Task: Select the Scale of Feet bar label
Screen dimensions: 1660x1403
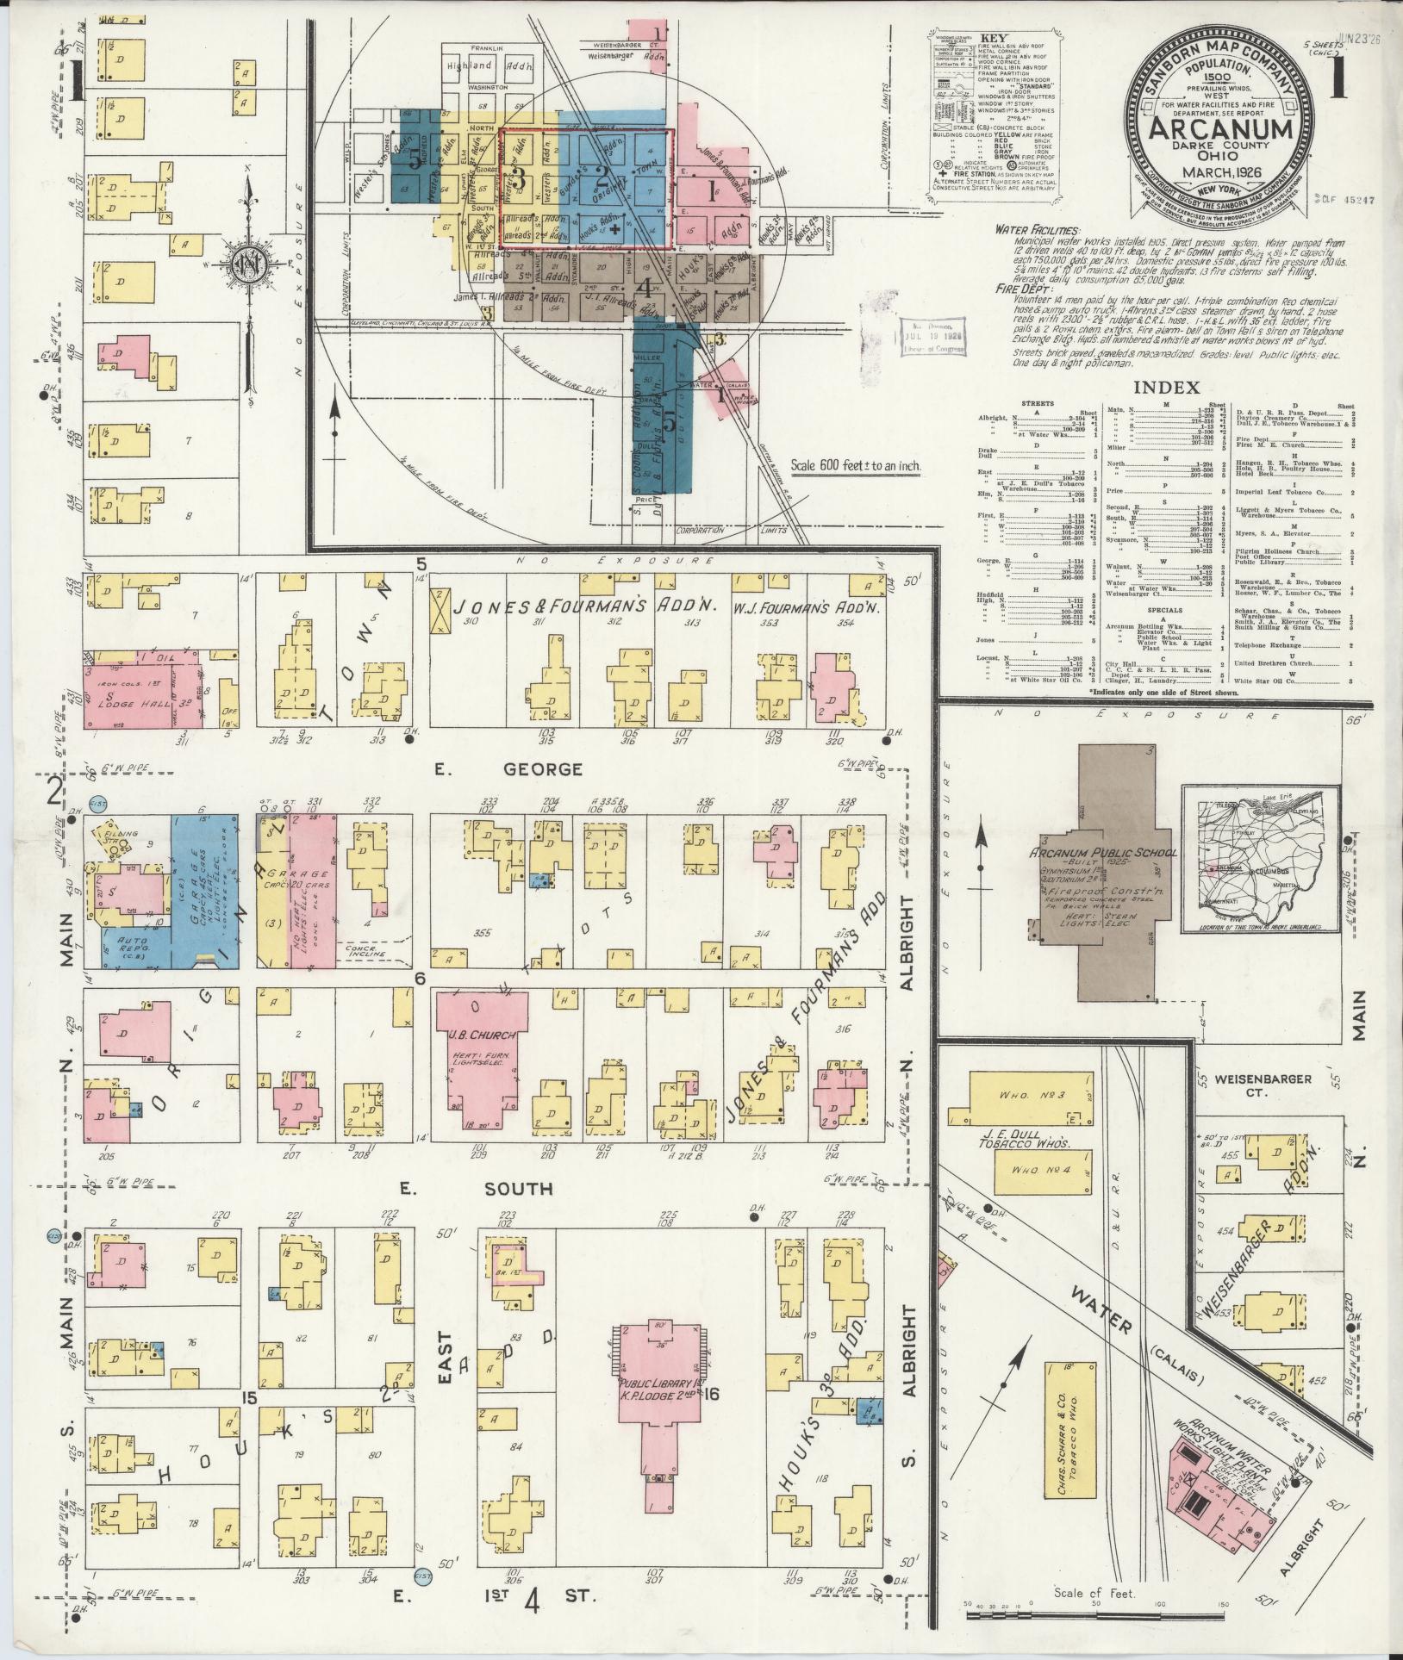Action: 1094,1593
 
